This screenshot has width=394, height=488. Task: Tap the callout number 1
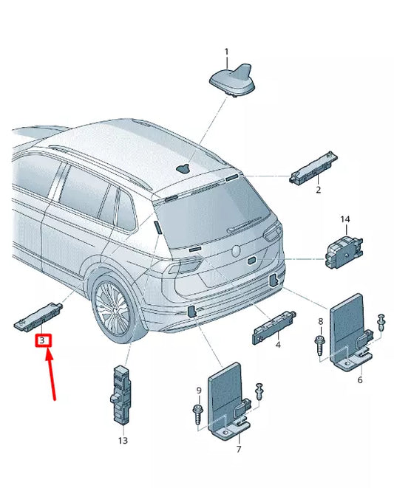[x=227, y=51]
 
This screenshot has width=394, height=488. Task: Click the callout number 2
[x=318, y=190]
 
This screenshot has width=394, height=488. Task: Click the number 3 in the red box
[x=43, y=340]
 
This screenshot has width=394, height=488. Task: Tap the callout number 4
[x=278, y=344]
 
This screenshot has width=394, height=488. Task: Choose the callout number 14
[x=344, y=220]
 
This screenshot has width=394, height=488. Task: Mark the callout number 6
[x=359, y=380]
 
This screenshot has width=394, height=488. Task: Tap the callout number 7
[x=238, y=449]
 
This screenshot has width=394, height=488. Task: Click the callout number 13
[x=123, y=441]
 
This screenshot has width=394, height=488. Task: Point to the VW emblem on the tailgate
[x=238, y=250]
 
